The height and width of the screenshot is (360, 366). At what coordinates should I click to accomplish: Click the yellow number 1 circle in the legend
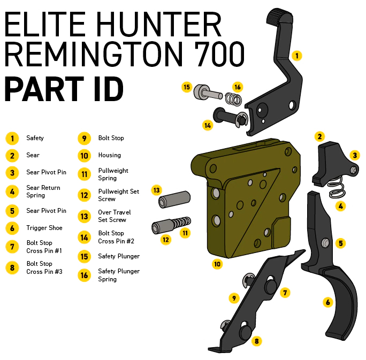click(x=12, y=139)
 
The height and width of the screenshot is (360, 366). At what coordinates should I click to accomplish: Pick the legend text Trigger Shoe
click(x=44, y=228)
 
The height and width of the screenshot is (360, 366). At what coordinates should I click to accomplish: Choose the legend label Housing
click(x=109, y=155)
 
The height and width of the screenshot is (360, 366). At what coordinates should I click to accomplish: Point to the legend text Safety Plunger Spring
click(x=119, y=275)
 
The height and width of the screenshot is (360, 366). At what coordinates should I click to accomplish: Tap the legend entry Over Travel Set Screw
click(x=115, y=216)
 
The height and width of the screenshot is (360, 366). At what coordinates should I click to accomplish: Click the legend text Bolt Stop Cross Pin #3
click(x=44, y=267)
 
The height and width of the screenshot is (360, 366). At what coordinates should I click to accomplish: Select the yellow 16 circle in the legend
click(x=84, y=275)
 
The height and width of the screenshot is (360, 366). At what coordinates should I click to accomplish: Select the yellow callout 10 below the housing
click(x=217, y=264)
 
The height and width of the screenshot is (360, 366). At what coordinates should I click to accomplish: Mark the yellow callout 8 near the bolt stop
click(x=257, y=341)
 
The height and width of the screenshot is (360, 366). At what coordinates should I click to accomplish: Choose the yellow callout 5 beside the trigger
click(x=341, y=243)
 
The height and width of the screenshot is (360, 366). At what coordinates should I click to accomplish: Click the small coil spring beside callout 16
click(x=233, y=99)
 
